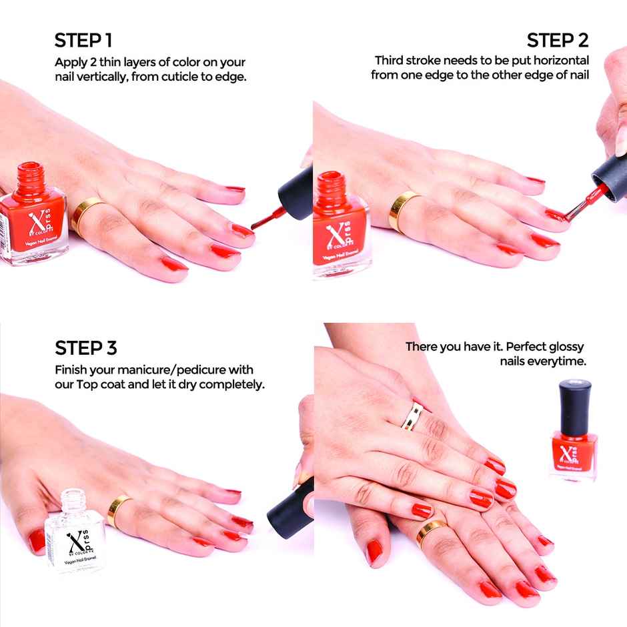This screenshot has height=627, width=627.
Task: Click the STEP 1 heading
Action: (x=83, y=41)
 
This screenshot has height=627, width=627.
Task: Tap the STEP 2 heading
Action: (x=558, y=41)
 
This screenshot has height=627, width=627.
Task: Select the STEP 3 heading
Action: (x=86, y=348)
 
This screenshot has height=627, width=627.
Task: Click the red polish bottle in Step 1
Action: (x=33, y=213)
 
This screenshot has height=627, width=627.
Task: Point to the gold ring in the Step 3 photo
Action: (x=119, y=510)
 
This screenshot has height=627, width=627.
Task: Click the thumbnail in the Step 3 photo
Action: (x=38, y=540)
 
